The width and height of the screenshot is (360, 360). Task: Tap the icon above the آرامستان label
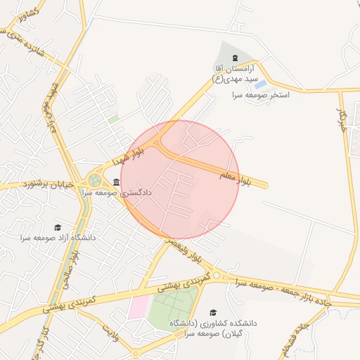(x=234, y=58)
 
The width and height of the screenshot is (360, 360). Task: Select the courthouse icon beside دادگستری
(x=116, y=182)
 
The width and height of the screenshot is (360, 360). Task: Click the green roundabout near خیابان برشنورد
(x=94, y=181)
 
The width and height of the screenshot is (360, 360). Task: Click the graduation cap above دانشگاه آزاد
(x=58, y=227)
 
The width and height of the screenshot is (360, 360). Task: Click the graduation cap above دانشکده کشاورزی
(x=213, y=313)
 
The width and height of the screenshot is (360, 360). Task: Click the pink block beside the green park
(x=139, y=307)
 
